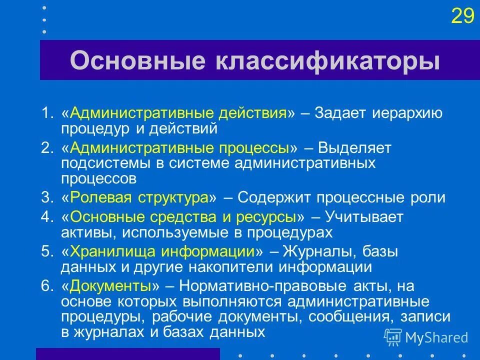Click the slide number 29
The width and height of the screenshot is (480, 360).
(462, 16)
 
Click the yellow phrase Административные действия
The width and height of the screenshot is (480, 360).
(178, 113)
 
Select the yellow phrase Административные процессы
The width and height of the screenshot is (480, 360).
(180, 148)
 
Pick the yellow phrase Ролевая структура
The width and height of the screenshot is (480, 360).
(139, 197)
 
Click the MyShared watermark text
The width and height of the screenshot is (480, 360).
(436, 337)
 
